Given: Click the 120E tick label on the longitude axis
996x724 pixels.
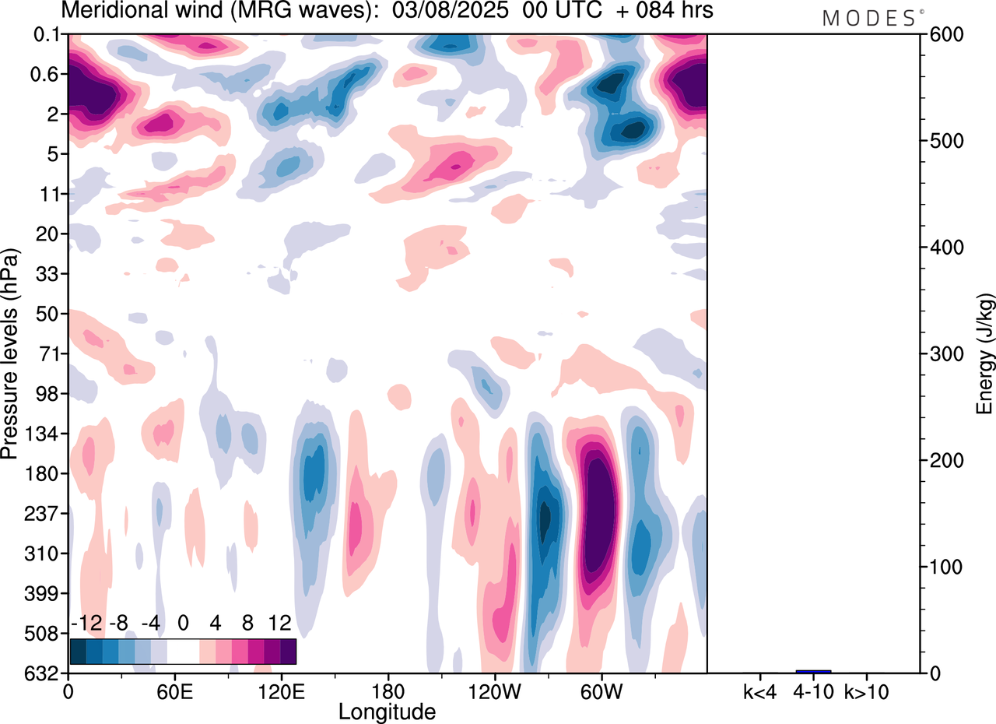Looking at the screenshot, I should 281,691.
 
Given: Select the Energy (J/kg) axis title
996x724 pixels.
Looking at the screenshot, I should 985,353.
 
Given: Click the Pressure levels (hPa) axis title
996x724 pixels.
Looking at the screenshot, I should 10,353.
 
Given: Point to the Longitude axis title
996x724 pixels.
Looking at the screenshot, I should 387,711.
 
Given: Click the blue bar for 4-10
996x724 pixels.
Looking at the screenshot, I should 813,671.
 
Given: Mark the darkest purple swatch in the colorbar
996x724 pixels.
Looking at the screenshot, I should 288,651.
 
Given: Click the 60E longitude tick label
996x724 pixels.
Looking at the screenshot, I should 174,691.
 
